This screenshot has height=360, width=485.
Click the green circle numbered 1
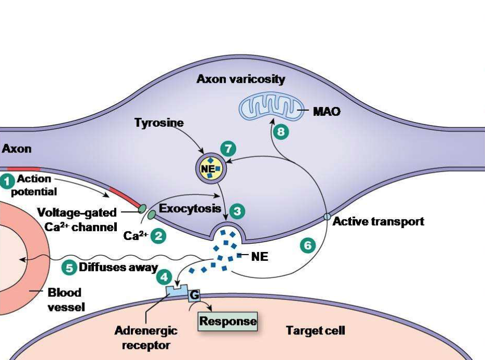(x=8, y=181)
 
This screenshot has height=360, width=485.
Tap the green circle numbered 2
(x=157, y=236)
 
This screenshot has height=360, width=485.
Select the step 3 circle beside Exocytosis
(x=237, y=211)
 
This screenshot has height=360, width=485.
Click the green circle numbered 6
(x=308, y=245)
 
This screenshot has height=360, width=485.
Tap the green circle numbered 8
(x=281, y=132)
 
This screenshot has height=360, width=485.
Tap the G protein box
(x=194, y=295)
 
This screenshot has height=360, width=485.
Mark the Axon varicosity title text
(x=240, y=79)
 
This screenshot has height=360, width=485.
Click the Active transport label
(x=378, y=221)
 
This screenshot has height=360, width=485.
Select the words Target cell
(x=315, y=330)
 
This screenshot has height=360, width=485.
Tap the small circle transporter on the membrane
(x=327, y=217)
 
